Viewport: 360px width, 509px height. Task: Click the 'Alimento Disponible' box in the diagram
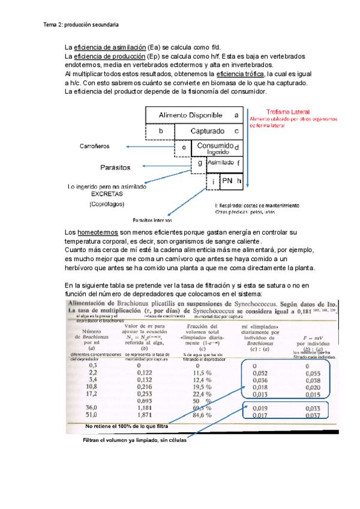(x=190, y=115)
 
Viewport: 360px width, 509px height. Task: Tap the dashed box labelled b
(x=160, y=131)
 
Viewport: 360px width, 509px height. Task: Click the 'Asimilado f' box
(x=223, y=162)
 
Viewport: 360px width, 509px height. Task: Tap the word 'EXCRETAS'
(x=106, y=194)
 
